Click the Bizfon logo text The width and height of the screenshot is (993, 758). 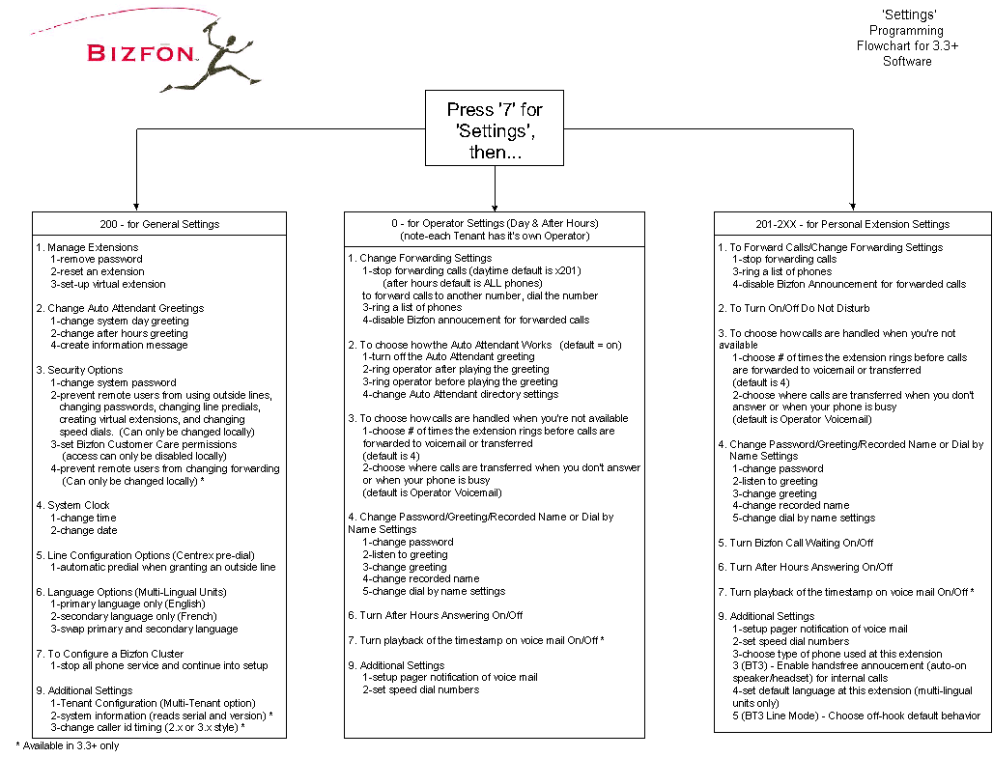(x=142, y=53)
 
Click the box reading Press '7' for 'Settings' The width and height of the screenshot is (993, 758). (x=495, y=129)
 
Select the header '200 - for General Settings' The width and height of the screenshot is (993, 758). (x=159, y=224)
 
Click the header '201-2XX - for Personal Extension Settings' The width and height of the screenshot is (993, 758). (x=852, y=224)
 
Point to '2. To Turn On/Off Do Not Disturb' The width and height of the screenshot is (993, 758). (x=794, y=308)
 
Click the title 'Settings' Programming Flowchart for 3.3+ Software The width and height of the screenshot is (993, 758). (x=907, y=39)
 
